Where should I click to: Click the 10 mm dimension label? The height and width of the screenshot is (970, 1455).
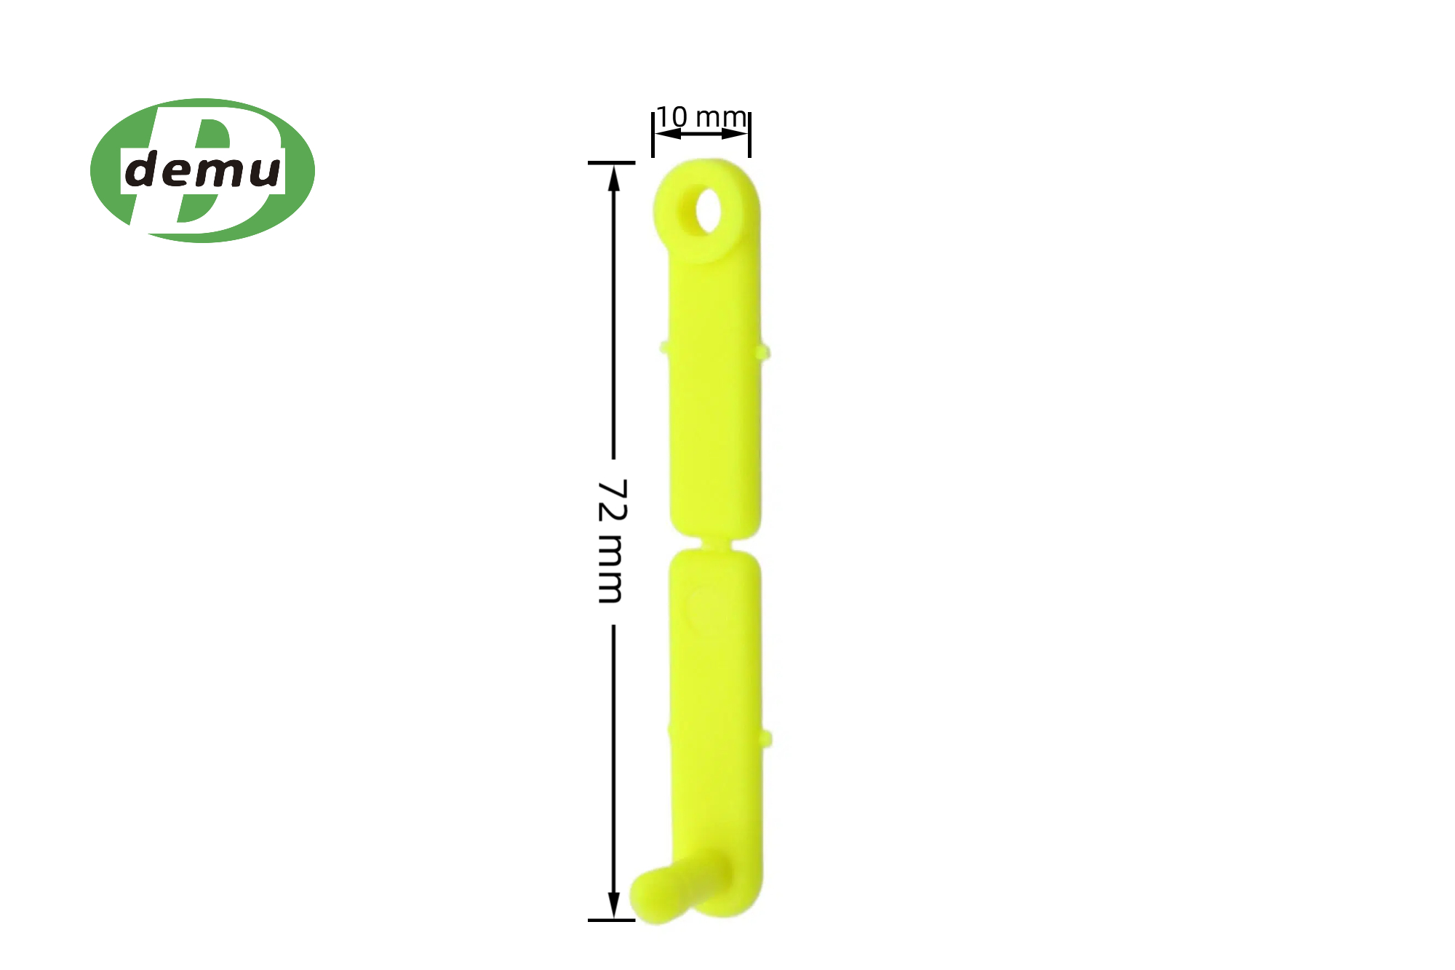pyautogui.click(x=701, y=116)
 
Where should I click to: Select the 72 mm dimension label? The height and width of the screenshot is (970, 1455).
pyautogui.click(x=612, y=541)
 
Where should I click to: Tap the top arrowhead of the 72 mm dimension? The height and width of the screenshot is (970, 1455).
pyautogui.click(x=614, y=178)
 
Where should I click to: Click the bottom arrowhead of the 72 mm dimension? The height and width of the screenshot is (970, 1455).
pyautogui.click(x=614, y=905)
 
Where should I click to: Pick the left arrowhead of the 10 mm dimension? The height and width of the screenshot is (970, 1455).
pyautogui.click(x=668, y=134)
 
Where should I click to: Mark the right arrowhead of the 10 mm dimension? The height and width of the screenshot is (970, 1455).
pyautogui.click(x=735, y=134)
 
